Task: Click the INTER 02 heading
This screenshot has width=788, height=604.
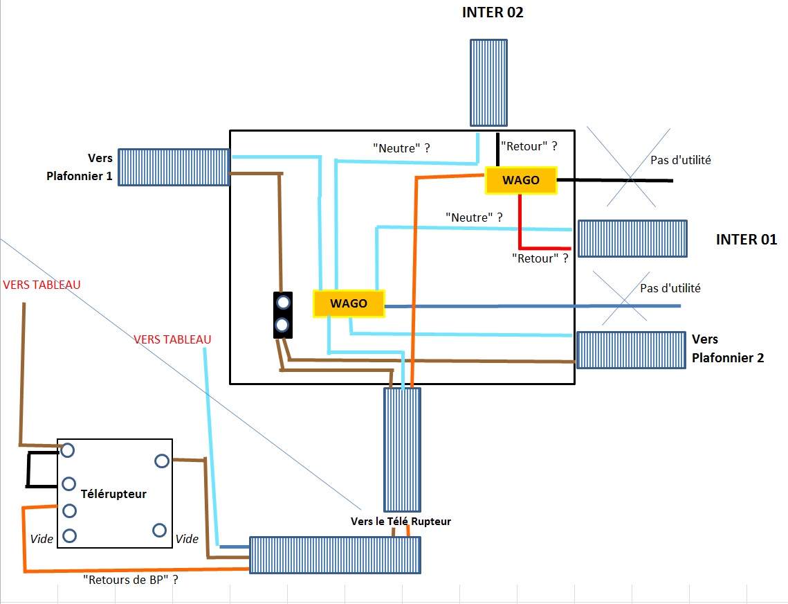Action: pyautogui.click(x=493, y=12)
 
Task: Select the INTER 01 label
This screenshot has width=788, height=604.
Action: pyautogui.click(x=746, y=240)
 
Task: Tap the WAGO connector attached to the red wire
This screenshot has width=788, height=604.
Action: pyautogui.click(x=521, y=180)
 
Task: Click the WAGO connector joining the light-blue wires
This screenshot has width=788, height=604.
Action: pyautogui.click(x=349, y=303)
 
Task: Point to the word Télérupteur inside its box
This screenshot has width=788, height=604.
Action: pyautogui.click(x=113, y=494)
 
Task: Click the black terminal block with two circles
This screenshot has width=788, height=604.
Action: pyautogui.click(x=282, y=314)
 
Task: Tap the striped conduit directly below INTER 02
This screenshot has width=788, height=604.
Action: pyautogui.click(x=488, y=82)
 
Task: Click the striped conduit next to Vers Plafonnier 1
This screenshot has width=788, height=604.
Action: pyautogui.click(x=174, y=167)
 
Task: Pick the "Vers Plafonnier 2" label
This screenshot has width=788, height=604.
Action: pyautogui.click(x=728, y=348)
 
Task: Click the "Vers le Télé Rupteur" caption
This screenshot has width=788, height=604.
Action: pyautogui.click(x=401, y=521)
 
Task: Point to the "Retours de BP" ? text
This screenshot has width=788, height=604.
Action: pyautogui.click(x=130, y=580)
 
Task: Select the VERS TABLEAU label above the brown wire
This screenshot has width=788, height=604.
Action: pyautogui.click(x=42, y=285)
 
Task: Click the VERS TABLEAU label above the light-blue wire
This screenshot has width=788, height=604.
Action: pyautogui.click(x=172, y=339)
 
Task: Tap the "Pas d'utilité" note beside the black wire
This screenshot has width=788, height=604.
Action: pyautogui.click(x=681, y=160)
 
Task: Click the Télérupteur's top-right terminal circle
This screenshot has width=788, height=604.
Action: pyautogui.click(x=162, y=461)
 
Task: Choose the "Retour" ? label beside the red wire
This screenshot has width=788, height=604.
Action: pyautogui.click(x=540, y=258)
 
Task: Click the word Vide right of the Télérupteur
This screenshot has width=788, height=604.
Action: pyautogui.click(x=187, y=538)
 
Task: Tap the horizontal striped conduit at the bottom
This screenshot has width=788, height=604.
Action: pyautogui.click(x=335, y=555)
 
